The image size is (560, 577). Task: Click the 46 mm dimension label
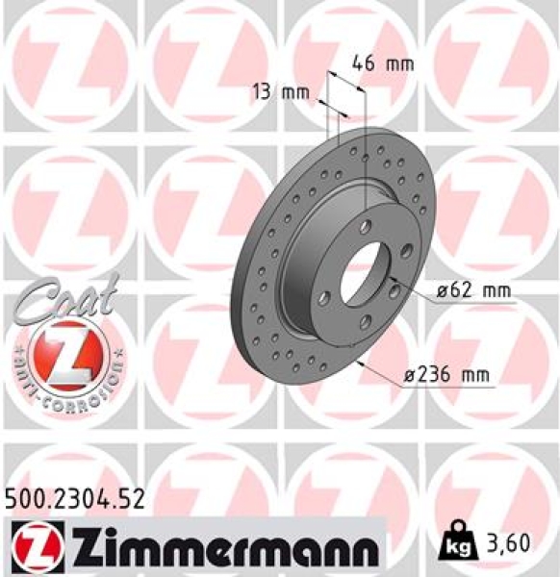click(382, 64)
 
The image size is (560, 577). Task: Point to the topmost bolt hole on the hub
click(366, 227)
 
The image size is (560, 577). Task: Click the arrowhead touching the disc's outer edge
click(358, 364)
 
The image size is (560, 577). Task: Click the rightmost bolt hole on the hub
click(407, 251)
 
